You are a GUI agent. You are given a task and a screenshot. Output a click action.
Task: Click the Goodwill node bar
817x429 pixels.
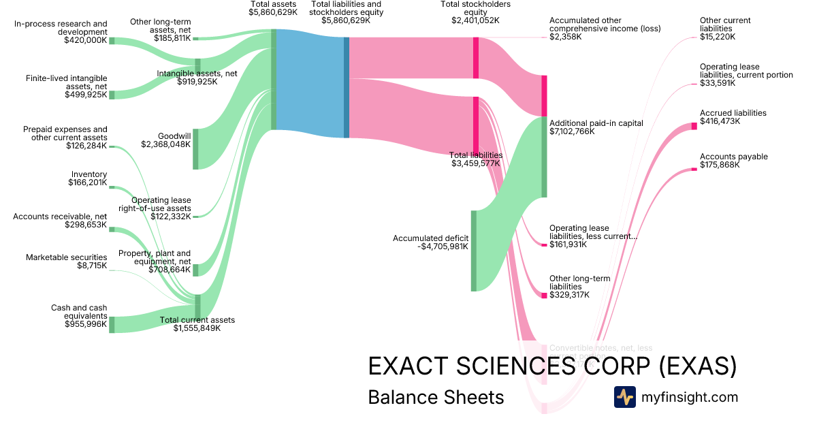click(195, 148)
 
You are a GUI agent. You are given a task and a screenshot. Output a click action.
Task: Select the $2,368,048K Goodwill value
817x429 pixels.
click(165, 144)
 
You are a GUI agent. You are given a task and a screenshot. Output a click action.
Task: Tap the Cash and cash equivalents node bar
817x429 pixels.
click(112, 324)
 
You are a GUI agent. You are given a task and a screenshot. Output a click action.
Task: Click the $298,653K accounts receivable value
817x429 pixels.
click(86, 225)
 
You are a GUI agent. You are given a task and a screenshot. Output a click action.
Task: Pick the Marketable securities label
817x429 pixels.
click(67, 257)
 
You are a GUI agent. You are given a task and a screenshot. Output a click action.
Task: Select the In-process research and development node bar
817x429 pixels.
click(112, 41)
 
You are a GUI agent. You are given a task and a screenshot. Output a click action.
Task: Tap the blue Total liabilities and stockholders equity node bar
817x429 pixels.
click(347, 87)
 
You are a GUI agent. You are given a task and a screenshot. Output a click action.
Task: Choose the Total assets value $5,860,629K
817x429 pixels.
click(273, 12)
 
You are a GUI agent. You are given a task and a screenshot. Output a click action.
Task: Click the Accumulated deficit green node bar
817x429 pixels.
click(473, 251)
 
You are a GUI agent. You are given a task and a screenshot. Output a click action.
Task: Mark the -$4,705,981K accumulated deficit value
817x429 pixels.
click(443, 247)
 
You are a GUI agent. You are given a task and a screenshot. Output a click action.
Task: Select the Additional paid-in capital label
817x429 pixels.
click(596, 123)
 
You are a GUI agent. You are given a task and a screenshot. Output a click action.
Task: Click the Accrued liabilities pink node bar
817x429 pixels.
click(694, 125)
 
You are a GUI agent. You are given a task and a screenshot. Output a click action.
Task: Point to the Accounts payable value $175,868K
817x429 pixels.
click(719, 165)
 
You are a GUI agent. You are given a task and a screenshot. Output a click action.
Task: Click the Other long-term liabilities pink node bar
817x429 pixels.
click(544, 296)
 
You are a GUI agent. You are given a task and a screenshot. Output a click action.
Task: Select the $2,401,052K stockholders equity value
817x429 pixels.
click(475, 20)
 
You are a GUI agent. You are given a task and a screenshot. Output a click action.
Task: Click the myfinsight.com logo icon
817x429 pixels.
click(625, 397)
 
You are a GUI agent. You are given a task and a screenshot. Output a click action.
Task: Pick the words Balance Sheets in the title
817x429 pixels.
click(436, 397)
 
